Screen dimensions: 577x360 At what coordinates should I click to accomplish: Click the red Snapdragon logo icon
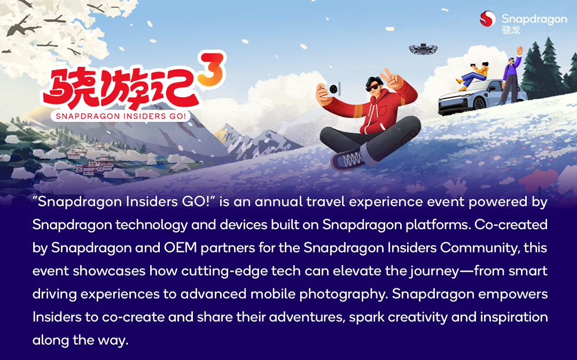pyautogui.click(x=488, y=19)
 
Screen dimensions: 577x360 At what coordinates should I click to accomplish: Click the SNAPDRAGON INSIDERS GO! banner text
pyautogui.click(x=121, y=116)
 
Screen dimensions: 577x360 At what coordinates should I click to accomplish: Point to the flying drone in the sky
pyautogui.click(x=423, y=49)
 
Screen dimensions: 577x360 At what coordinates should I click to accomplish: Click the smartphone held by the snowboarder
pyautogui.click(x=333, y=89)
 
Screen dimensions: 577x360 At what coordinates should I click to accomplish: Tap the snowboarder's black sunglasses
pyautogui.click(x=374, y=87)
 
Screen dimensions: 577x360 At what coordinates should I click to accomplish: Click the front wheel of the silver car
pyautogui.click(x=479, y=104)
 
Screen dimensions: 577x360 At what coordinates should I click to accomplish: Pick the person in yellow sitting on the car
pyautogui.click(x=473, y=75)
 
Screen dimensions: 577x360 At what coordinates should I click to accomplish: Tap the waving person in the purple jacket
pyautogui.click(x=512, y=75)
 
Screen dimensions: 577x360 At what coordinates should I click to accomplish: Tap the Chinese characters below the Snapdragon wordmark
pyautogui.click(x=511, y=30)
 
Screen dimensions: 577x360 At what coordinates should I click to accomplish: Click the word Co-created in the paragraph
pyautogui.click(x=511, y=225)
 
